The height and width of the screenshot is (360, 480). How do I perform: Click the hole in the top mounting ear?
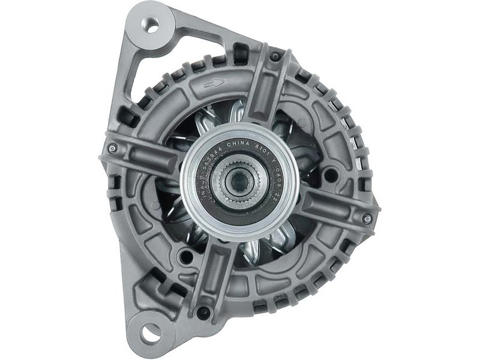(x=152, y=27)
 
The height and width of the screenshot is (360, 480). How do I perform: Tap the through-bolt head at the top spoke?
(x=275, y=57)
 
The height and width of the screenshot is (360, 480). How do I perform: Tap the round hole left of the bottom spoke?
(x=187, y=259)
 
